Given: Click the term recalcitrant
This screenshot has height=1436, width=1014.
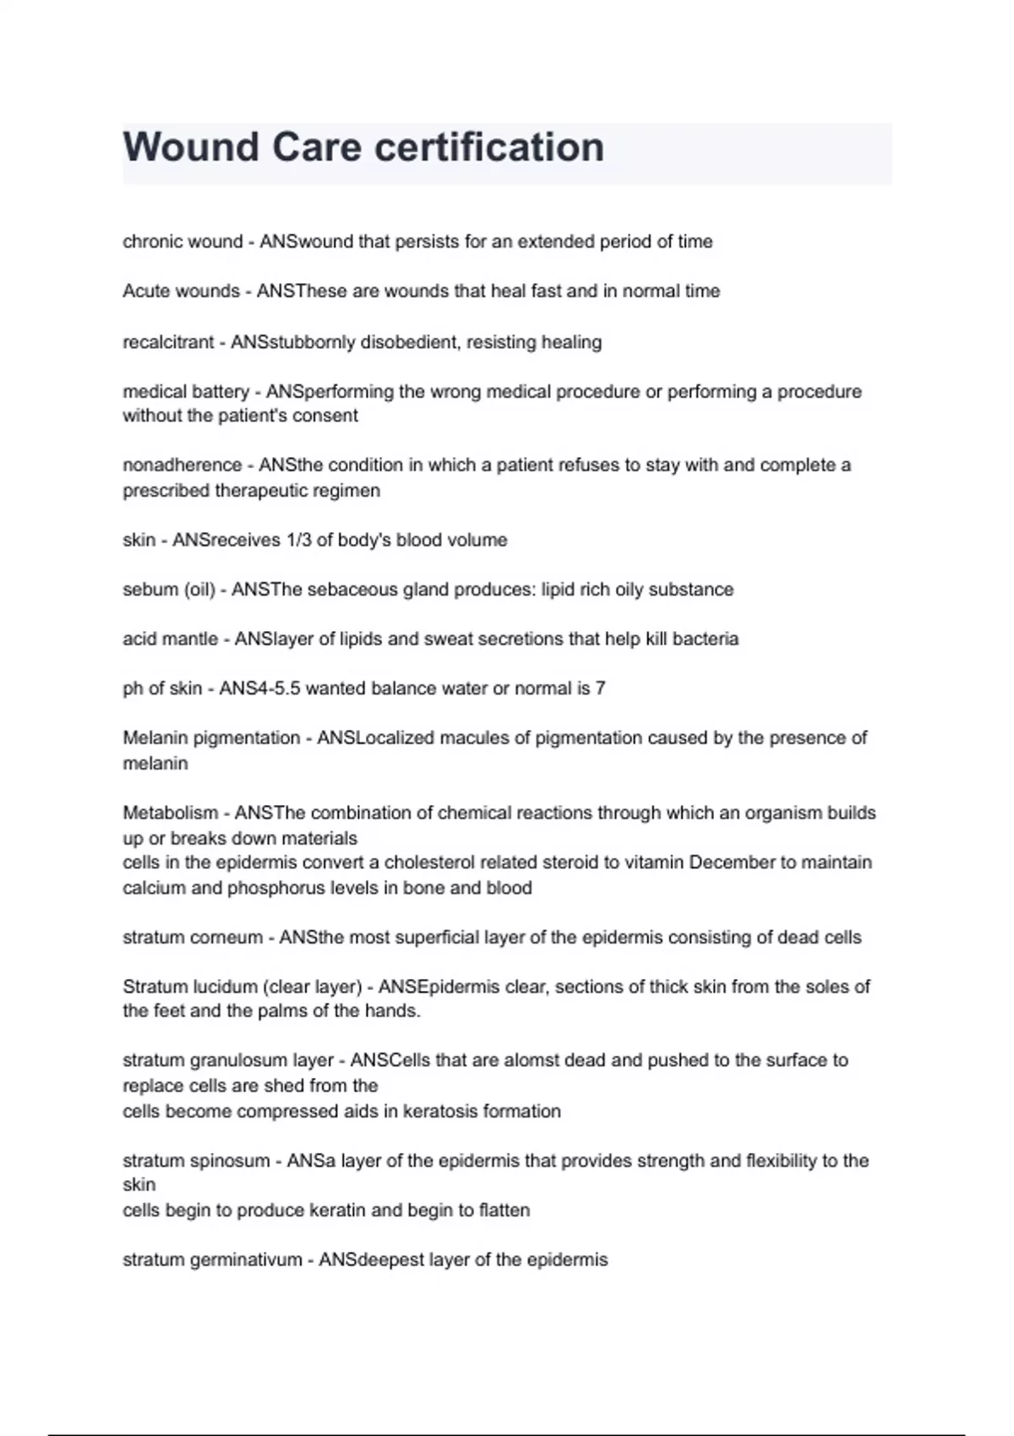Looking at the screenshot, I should click(x=168, y=342).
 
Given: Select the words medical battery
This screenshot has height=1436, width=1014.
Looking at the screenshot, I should click(x=186, y=392).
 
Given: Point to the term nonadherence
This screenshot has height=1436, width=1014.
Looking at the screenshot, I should click(x=182, y=465).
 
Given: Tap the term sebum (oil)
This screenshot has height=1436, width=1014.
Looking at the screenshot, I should click(x=168, y=590).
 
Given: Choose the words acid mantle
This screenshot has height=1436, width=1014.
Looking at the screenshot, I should click(x=170, y=639).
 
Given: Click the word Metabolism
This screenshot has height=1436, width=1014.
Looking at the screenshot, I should click(x=170, y=813).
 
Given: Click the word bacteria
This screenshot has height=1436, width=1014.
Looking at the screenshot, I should click(x=704, y=639).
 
